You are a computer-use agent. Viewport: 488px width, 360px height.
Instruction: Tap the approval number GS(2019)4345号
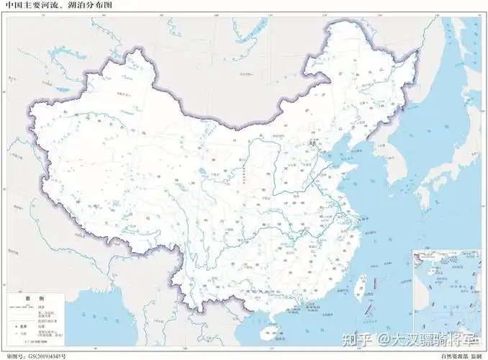click(36, 356)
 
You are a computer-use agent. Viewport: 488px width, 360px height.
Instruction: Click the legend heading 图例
click(35, 298)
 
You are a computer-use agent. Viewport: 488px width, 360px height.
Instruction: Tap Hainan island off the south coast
click(270, 333)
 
